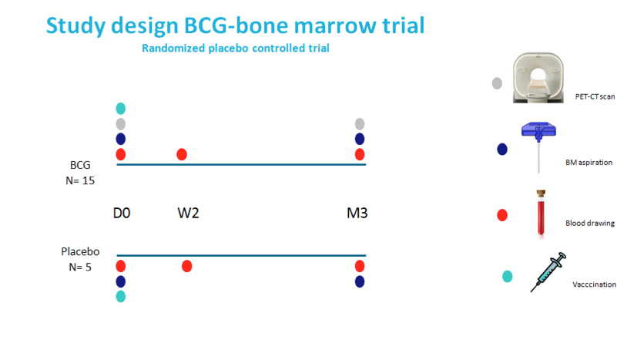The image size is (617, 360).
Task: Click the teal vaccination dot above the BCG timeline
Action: pos(121,109)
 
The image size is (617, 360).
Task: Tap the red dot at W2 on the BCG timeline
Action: pos(182,154)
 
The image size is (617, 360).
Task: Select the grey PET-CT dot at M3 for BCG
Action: pos(360,124)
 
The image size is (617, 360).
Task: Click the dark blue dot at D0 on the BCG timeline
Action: pos(121,139)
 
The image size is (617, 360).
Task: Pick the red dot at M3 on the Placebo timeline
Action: pos(360,266)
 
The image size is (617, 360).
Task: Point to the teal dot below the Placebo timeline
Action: pos(121,297)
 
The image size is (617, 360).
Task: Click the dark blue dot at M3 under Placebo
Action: pos(360,281)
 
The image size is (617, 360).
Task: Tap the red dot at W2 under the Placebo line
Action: pos(187,266)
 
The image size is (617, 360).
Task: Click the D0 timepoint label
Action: pos(122,213)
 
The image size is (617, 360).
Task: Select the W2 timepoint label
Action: pos(188,213)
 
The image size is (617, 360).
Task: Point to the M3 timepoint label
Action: pos(357,213)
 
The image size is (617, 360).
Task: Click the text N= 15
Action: pos(80,181)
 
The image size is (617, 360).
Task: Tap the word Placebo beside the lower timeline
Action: pos(80,251)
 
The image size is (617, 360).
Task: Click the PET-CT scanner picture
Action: pos(538,78)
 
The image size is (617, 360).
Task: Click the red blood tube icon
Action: pos(541,213)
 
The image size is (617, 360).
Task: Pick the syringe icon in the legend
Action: pos(548,272)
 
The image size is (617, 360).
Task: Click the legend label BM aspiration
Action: pos(589,163)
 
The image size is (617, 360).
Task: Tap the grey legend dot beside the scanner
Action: pos(497,83)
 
